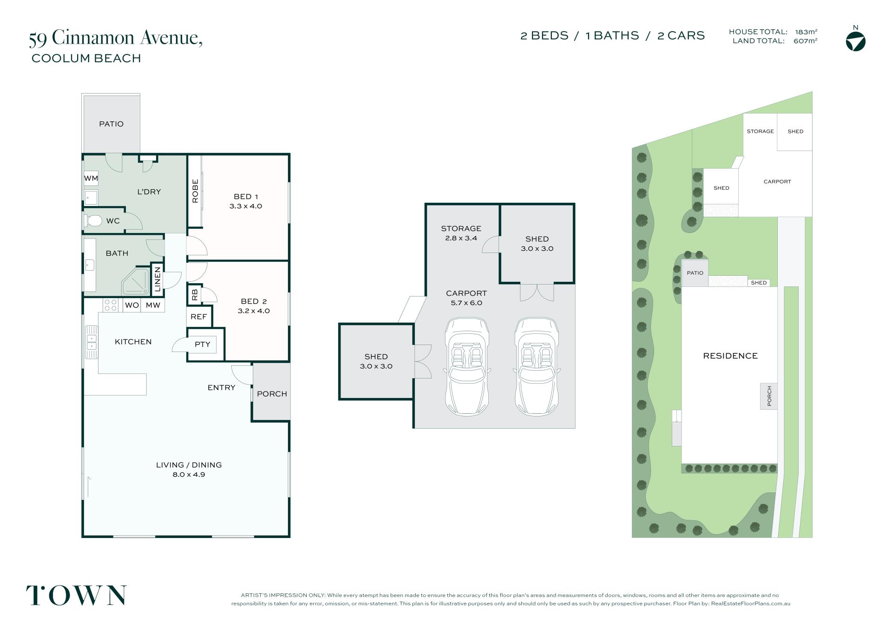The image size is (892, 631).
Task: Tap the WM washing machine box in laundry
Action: coord(91,178)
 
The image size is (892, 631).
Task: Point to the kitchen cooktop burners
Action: coord(111,305)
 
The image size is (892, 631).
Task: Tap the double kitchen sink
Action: coord(92,342)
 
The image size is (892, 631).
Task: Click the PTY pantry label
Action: coord(203,345)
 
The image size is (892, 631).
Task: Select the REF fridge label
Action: coord(199,317)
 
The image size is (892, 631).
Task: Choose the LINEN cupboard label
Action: coord(157,279)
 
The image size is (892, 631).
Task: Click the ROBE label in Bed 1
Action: coord(195,191)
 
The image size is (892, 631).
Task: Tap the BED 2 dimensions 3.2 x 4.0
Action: coord(254,311)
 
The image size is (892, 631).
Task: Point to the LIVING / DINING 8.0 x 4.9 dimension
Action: coord(189,475)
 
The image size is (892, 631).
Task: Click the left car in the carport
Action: coord(467,366)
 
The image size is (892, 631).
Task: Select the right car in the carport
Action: coord(537,366)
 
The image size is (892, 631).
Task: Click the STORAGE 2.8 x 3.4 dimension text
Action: coord(461,239)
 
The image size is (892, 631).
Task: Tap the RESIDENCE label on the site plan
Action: coord(730,356)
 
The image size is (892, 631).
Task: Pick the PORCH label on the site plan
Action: coord(769,396)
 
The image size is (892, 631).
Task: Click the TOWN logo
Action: coord(76,596)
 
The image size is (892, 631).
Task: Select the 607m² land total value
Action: coord(806,41)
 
